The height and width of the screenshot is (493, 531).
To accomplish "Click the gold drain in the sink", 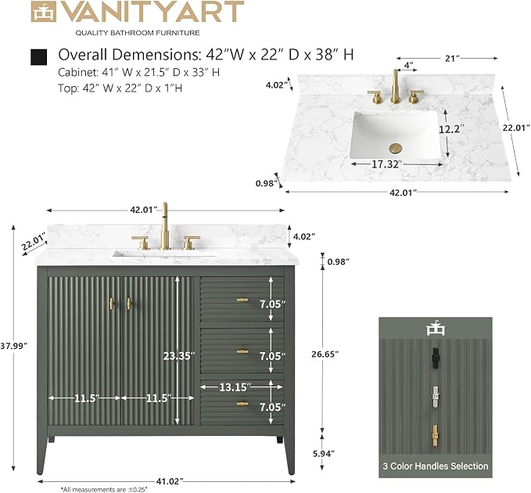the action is click(x=395, y=148).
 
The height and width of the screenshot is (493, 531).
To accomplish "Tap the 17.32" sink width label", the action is click(x=387, y=164).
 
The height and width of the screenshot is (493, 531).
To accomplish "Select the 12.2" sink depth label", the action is click(x=451, y=129).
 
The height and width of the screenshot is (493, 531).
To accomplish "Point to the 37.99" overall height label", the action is click(x=13, y=346).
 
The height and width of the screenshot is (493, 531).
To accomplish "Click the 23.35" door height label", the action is click(x=179, y=356).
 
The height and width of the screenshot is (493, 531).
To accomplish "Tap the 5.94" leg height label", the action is click(x=323, y=453).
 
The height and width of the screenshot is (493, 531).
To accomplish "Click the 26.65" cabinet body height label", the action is click(x=325, y=354).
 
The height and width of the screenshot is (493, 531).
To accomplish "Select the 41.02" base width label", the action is click(x=170, y=480).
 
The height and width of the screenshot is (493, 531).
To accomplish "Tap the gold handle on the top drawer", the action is click(x=242, y=300).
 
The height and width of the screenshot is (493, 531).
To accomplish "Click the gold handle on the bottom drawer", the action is click(x=242, y=404).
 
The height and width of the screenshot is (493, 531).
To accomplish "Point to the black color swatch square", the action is click(x=38, y=57).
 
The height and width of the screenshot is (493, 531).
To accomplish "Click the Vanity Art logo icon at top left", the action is click(x=43, y=13).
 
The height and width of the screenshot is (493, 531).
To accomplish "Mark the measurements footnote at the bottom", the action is click(x=104, y=489).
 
